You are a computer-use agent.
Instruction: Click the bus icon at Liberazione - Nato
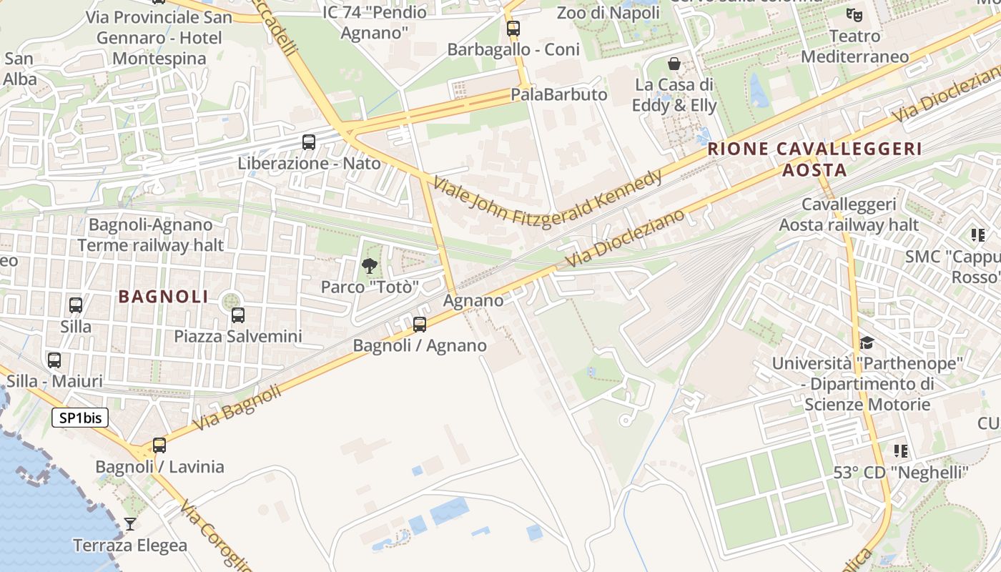click(x=309, y=142)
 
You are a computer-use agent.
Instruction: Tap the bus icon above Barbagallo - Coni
click(x=513, y=29)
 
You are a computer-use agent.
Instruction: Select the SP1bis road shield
click(x=80, y=418)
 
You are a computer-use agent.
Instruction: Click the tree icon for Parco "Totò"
click(x=370, y=267)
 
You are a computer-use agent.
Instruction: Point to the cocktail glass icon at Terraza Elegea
click(x=129, y=524)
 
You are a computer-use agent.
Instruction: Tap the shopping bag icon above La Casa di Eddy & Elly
click(x=674, y=64)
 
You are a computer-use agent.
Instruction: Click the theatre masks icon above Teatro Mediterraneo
click(x=854, y=14)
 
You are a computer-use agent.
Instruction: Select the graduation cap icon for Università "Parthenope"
click(x=867, y=343)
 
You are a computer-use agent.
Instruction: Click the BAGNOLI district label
click(x=163, y=297)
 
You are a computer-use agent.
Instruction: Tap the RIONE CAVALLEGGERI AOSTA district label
click(x=814, y=159)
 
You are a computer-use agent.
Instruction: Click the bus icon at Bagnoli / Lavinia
click(x=159, y=445)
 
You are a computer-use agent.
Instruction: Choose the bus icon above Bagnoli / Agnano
click(x=420, y=325)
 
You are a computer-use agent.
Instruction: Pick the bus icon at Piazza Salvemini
click(x=238, y=315)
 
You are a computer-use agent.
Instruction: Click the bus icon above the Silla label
click(x=76, y=305)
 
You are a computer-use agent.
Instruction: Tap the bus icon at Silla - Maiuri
click(x=54, y=360)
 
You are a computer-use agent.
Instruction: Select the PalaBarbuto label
click(x=558, y=94)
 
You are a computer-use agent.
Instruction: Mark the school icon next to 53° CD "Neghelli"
click(x=901, y=451)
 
